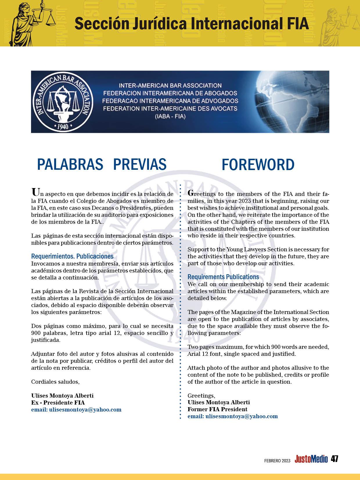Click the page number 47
pos(334,459)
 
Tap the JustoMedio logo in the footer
pos(311,459)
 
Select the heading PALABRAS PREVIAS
pos(102,164)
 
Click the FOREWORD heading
pos(258,165)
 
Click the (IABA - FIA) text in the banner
pos(170,116)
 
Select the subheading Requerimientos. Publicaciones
pos(72,256)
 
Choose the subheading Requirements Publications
pos(223,277)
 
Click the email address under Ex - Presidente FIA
pos(76,409)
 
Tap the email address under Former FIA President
pos(233,416)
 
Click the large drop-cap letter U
pos(35,192)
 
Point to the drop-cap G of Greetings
pos(190,193)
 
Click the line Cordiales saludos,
pos(55,382)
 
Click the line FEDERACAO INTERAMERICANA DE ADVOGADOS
pos(171,101)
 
